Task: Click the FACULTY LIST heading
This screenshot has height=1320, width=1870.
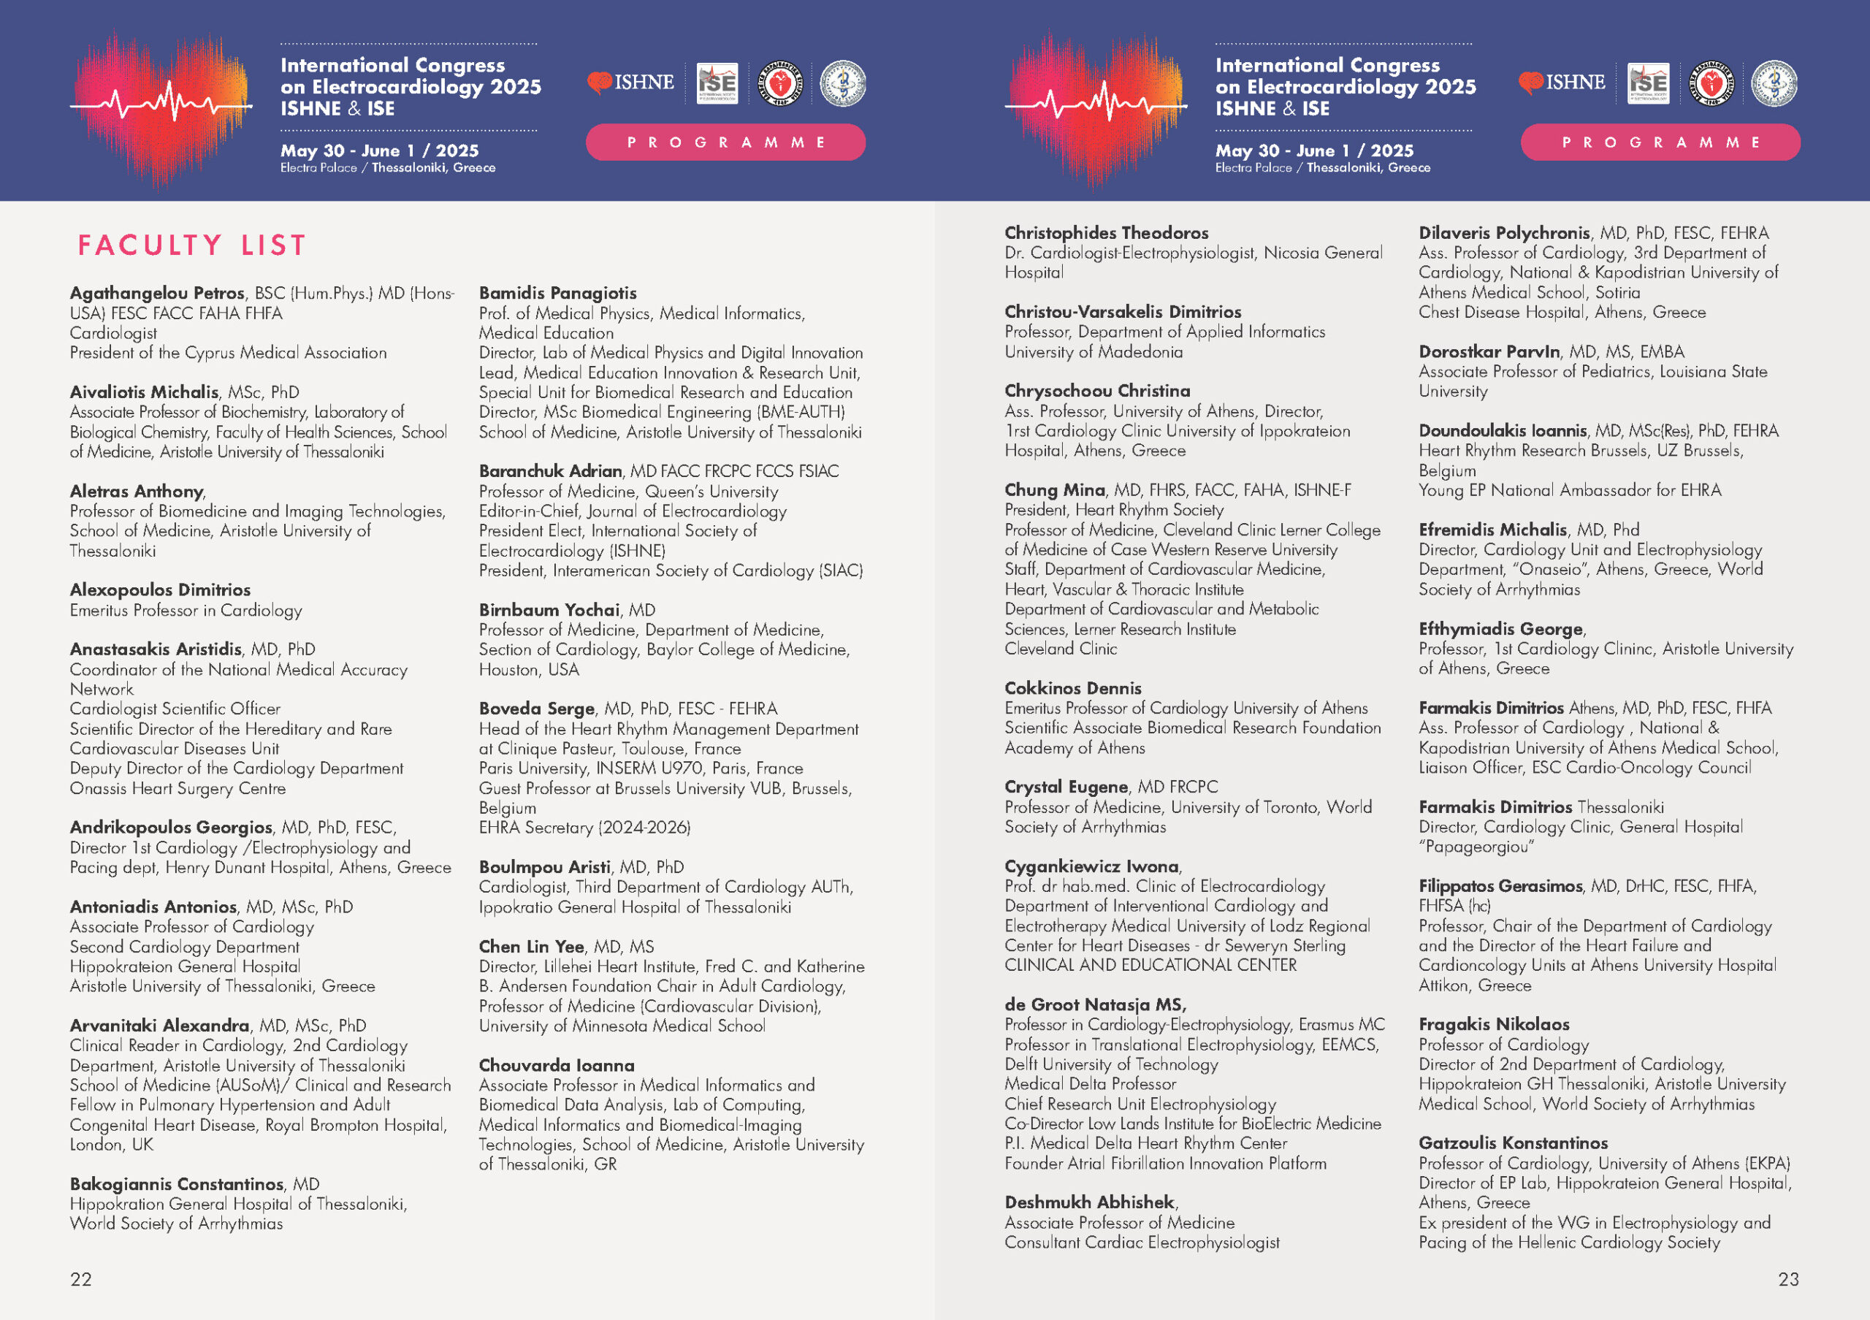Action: click(x=191, y=245)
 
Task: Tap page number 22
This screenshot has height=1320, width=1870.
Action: click(x=80, y=1279)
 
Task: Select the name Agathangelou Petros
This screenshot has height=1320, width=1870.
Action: click(x=157, y=293)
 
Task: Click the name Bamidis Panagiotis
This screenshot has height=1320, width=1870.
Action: click(x=557, y=293)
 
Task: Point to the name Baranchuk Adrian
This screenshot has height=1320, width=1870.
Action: click(x=550, y=470)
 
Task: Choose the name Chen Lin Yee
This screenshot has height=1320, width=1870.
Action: click(x=531, y=946)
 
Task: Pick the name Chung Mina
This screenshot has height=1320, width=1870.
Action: click(x=1054, y=490)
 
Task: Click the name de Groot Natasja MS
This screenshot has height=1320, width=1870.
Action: click(x=1095, y=1005)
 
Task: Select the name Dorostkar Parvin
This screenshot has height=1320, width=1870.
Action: click(x=1489, y=352)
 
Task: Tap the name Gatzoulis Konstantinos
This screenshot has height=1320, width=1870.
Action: click(x=1513, y=1143)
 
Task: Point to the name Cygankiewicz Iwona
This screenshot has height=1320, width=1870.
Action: click(x=1091, y=866)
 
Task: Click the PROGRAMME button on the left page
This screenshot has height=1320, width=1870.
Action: click(x=725, y=142)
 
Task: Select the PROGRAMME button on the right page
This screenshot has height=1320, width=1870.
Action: click(x=1660, y=142)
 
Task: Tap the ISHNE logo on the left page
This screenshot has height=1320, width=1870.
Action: click(x=631, y=83)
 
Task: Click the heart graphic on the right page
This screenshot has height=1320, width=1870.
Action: click(x=1096, y=106)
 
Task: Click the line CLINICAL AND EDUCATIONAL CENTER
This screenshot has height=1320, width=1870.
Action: click(x=1150, y=965)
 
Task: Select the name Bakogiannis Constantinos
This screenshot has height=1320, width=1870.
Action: click(x=177, y=1184)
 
